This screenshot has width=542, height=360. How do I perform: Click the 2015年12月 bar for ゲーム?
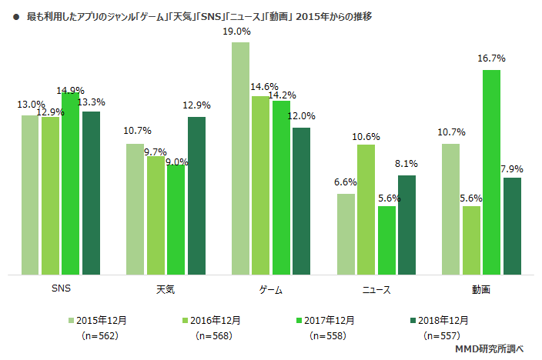pos(240,158)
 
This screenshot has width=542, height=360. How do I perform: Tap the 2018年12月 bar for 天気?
pos(196,195)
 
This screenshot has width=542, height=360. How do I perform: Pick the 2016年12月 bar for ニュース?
pos(366,209)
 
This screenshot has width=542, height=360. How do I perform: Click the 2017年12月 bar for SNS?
pos(71,183)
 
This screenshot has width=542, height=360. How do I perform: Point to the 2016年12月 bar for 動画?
pos(471,240)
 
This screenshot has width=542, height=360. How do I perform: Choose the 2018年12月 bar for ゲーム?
pos(301,201)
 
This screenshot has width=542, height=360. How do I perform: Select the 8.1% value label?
pos(406,164)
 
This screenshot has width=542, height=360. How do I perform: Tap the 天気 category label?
pos(166,290)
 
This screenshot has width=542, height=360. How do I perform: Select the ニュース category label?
pos(376,290)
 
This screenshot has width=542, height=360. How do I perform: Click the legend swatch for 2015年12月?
pos(72,319)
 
